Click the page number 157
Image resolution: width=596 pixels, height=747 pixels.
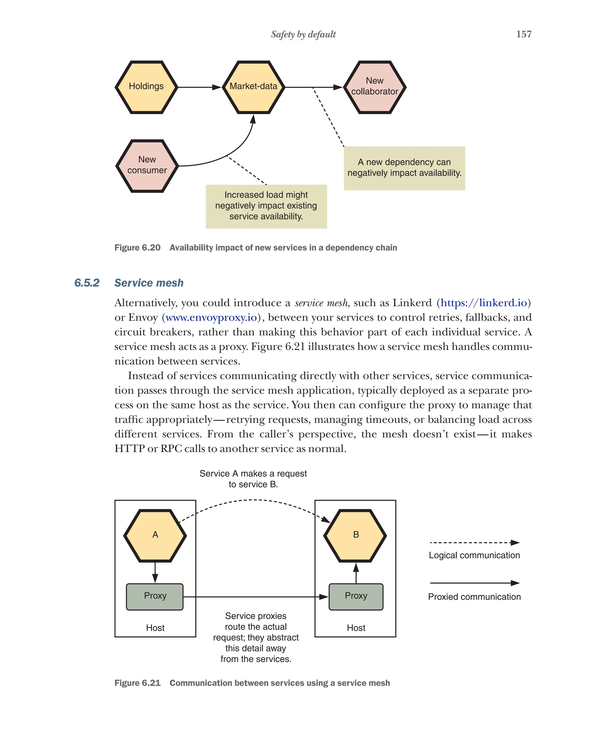(x=523, y=34)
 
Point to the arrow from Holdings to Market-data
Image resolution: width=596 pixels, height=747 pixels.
(x=199, y=87)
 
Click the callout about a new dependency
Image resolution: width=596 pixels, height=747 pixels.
(x=404, y=168)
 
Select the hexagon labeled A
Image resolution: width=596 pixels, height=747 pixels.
(x=155, y=535)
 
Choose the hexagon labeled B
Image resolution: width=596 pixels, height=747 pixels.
(x=355, y=535)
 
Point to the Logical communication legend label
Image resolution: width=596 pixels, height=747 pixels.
(x=474, y=555)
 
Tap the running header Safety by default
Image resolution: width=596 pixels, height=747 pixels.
(x=303, y=34)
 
